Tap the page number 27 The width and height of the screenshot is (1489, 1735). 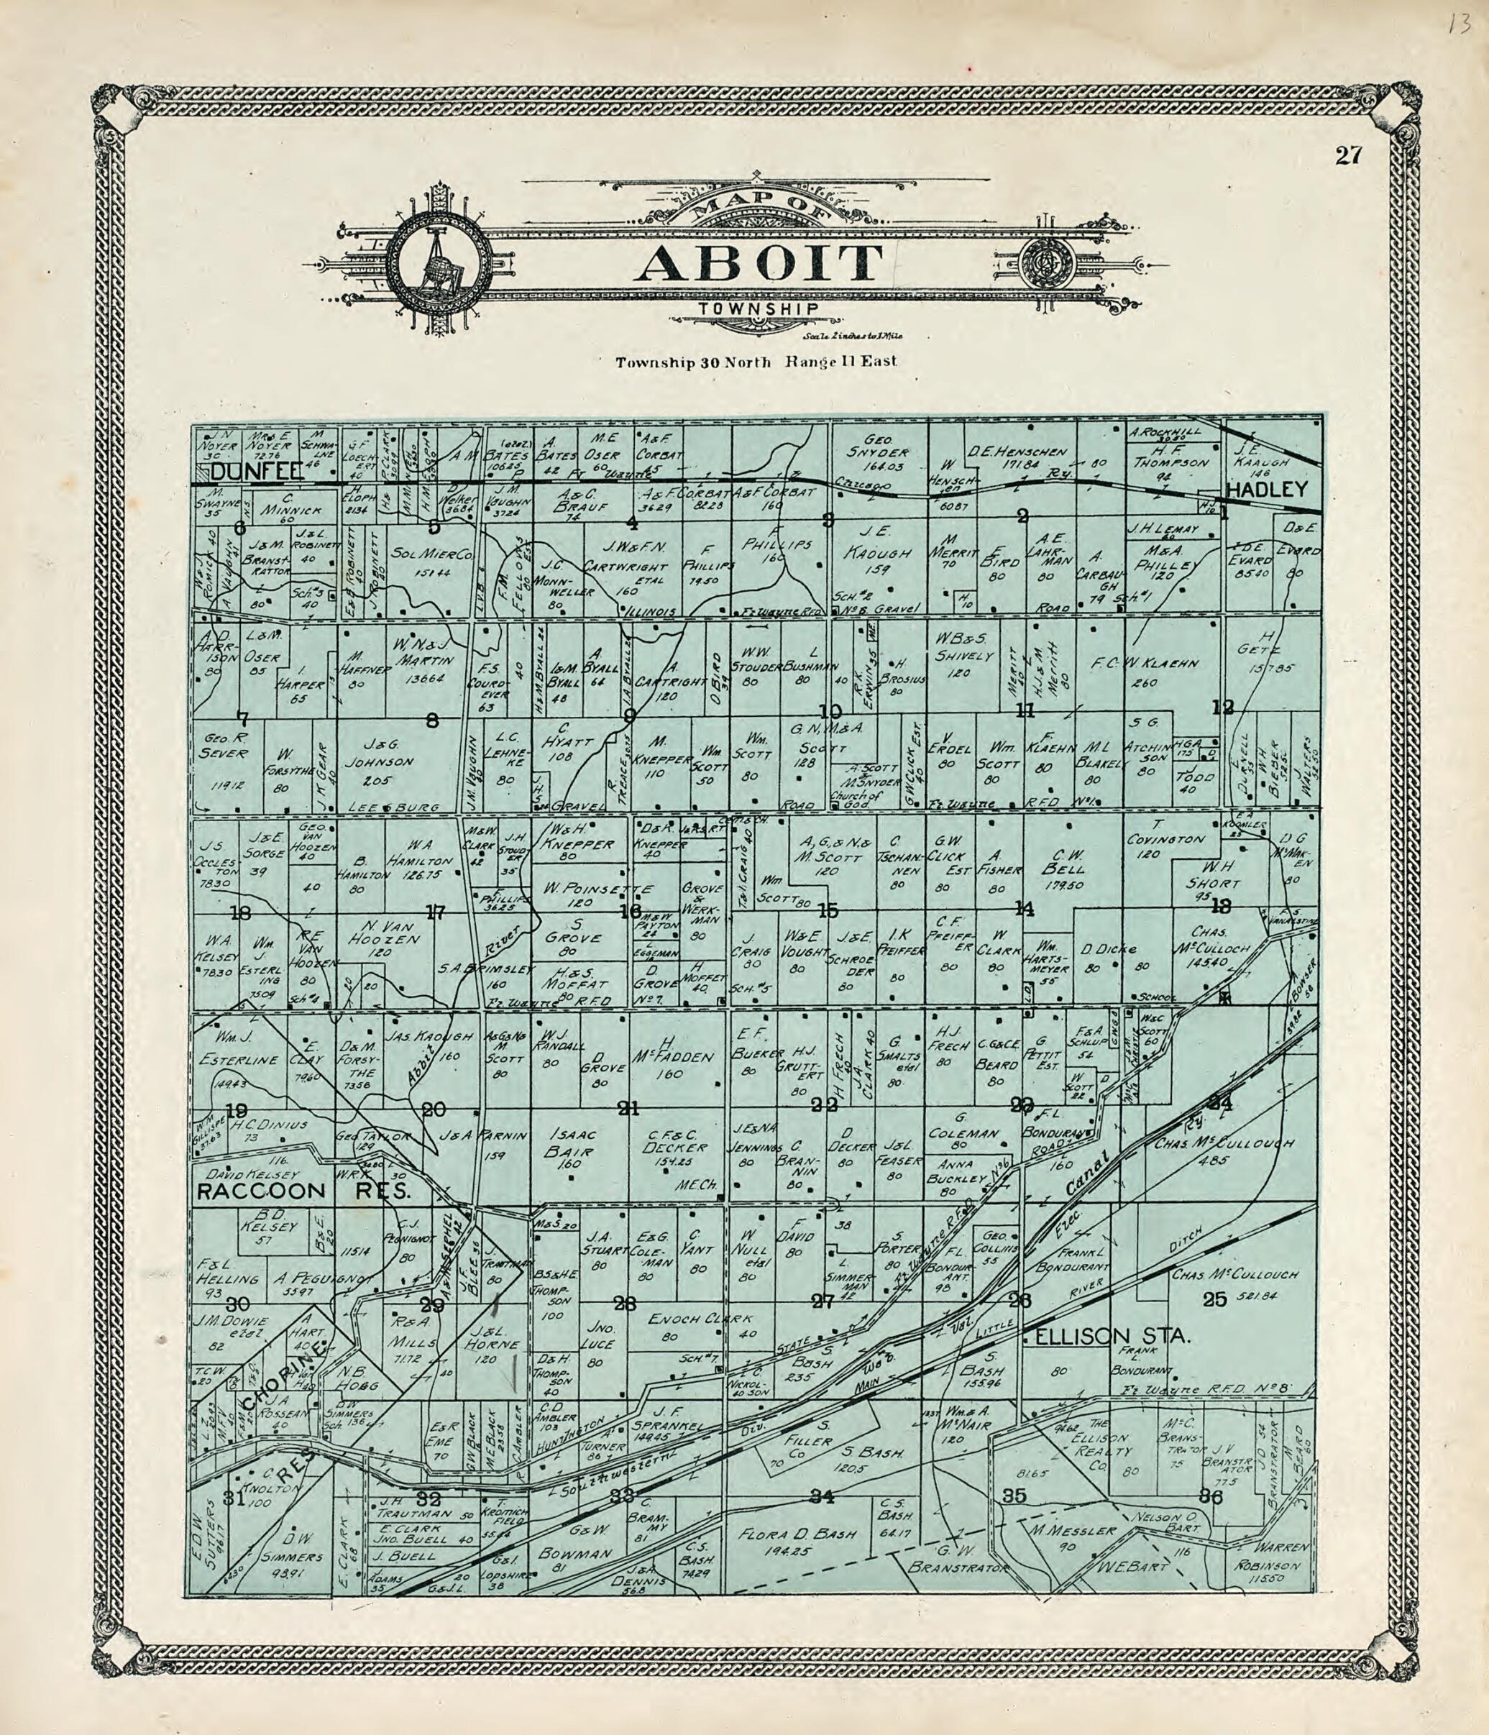(x=1349, y=156)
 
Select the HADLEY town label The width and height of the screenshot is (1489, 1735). (x=1266, y=490)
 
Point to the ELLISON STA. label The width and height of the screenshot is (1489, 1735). (x=1112, y=1339)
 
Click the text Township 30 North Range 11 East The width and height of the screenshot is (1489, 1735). (x=756, y=362)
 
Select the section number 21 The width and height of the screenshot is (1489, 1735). (x=628, y=1109)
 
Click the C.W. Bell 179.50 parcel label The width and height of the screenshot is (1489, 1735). (x=1051, y=869)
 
